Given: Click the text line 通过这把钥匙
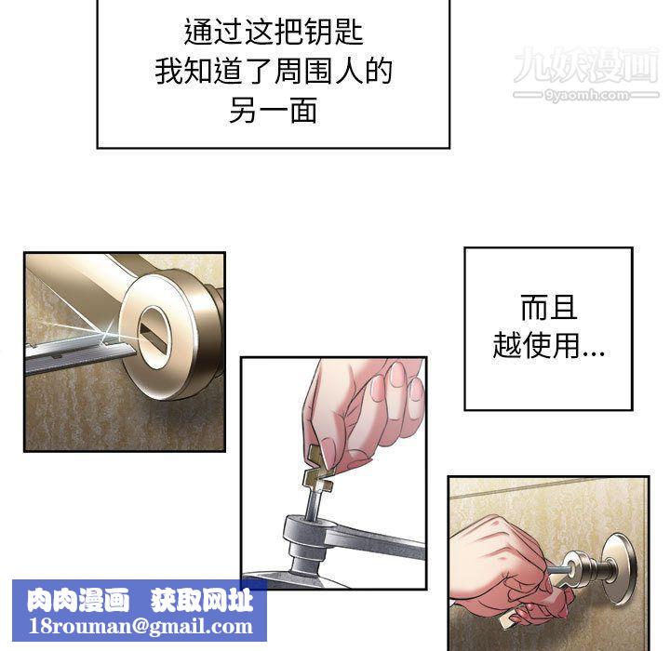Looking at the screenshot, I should point(274,33).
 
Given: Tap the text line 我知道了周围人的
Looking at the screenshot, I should point(274,72).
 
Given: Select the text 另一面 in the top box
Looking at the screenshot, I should point(274,111).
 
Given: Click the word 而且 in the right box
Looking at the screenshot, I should point(548,308).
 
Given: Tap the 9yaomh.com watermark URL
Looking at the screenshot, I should point(585,95).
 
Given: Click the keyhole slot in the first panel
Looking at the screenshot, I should point(154,331).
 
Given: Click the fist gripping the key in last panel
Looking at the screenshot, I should point(507,567).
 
